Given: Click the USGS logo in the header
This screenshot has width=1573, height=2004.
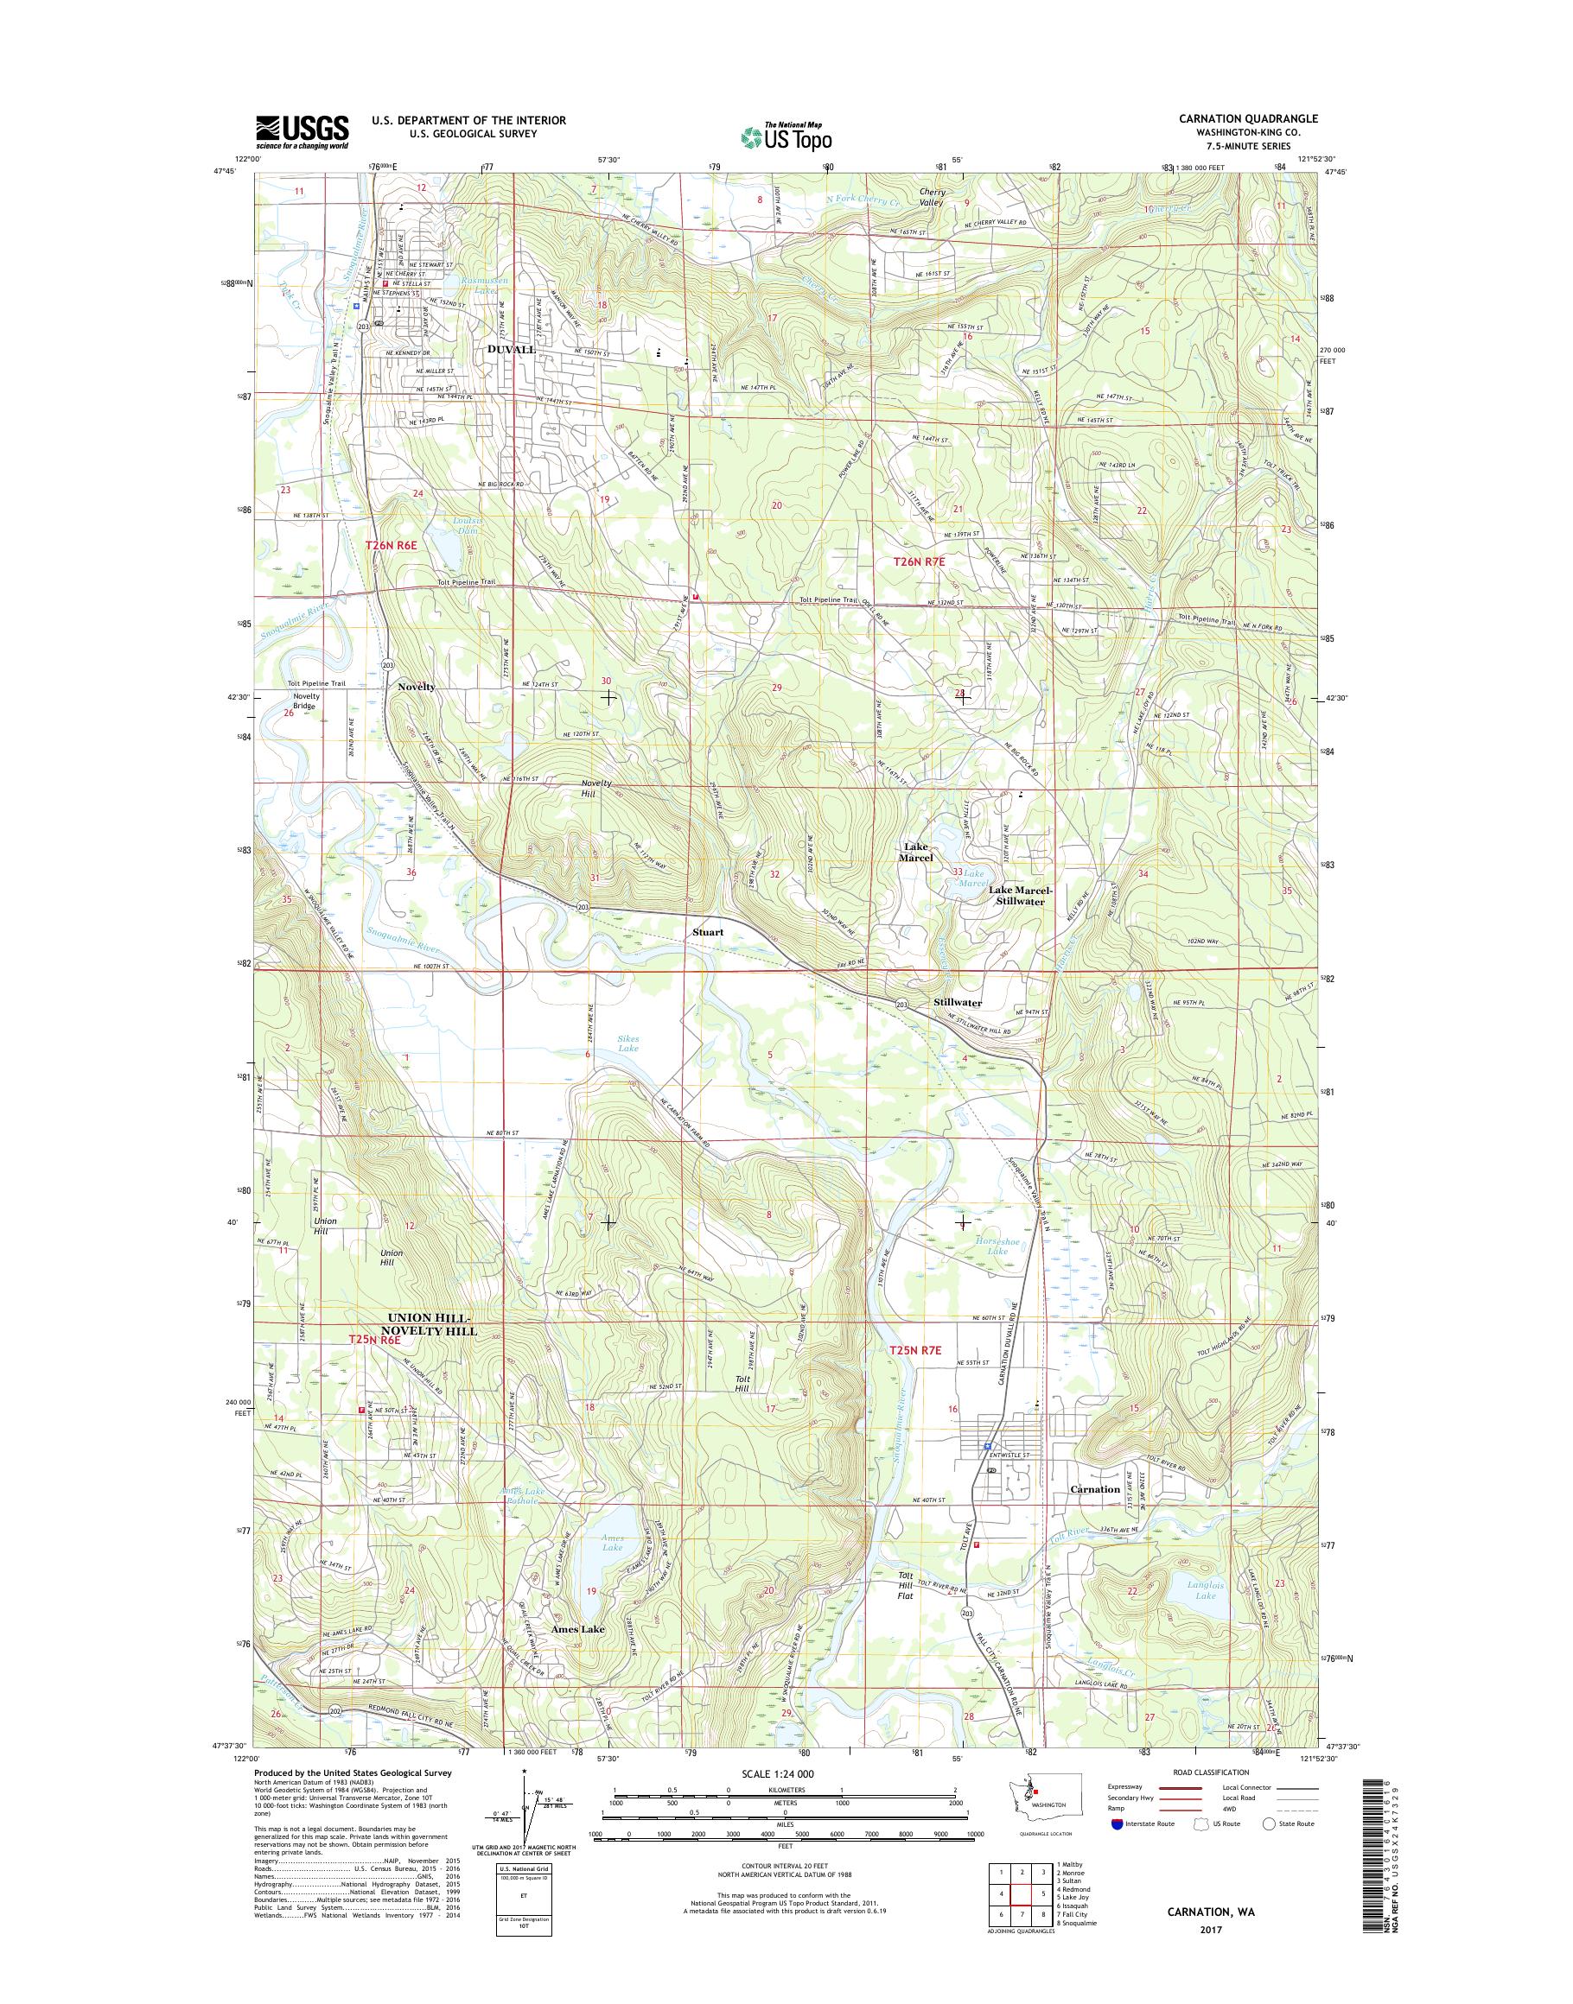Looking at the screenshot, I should coord(302,130).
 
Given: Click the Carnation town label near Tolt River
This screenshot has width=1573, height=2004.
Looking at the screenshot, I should coord(1095,1488).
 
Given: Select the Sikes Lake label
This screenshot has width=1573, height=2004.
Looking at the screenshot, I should coord(628,1043).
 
